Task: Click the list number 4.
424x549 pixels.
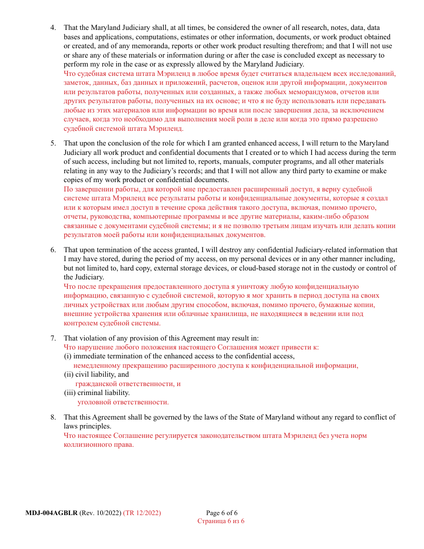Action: (x=53, y=28)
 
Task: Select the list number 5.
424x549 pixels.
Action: (x=53, y=143)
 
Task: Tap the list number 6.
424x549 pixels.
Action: (x=53, y=250)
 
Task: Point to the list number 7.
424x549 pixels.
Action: (x=53, y=338)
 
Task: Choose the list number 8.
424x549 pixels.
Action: (x=53, y=417)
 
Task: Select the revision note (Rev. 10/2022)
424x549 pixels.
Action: (x=100, y=513)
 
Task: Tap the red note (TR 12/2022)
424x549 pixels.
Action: (x=142, y=513)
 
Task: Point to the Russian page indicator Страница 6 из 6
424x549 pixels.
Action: (x=221, y=521)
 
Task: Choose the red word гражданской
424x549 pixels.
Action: (x=95, y=384)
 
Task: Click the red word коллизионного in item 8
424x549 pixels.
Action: (x=86, y=445)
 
